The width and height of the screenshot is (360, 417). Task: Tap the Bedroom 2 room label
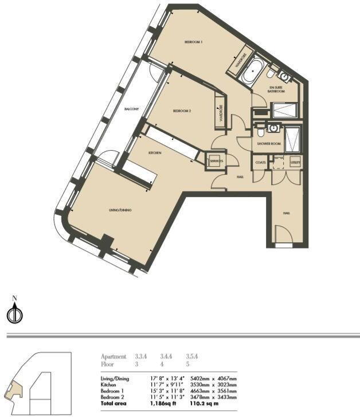pyautogui.click(x=182, y=111)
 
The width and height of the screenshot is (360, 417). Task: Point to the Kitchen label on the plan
pyautogui.click(x=155, y=154)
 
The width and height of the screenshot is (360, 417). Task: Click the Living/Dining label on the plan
pyautogui.click(x=120, y=211)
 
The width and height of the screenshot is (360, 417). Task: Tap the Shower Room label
pyautogui.click(x=268, y=144)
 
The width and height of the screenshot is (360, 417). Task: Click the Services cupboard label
pyautogui.click(x=216, y=162)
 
